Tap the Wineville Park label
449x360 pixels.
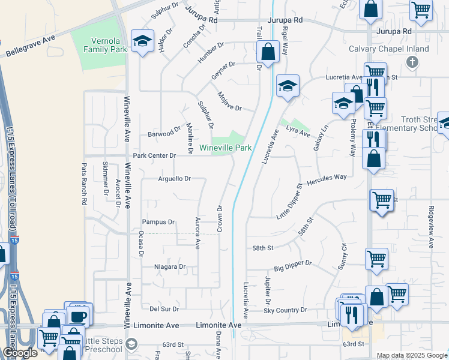tap(225, 147)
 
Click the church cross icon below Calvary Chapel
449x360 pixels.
tap(411, 61)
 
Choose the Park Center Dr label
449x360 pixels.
tap(154, 155)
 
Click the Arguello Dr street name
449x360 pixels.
tap(174, 178)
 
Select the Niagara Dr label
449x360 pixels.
tap(170, 266)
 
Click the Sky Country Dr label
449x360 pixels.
tap(285, 310)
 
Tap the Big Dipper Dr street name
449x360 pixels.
tap(293, 263)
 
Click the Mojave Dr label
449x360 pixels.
tap(229, 103)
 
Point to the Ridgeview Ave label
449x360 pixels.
tap(431, 228)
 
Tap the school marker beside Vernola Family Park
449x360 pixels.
tap(142, 41)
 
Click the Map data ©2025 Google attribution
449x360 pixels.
tap(411, 355)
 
